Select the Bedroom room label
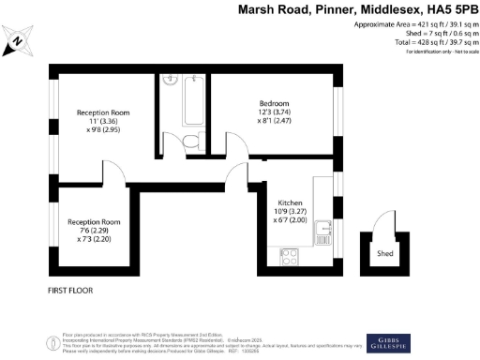274,102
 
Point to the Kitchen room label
290,203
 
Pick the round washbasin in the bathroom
171,81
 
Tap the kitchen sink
322,226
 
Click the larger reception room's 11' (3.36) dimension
102,123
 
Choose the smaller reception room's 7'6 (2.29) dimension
94,232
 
